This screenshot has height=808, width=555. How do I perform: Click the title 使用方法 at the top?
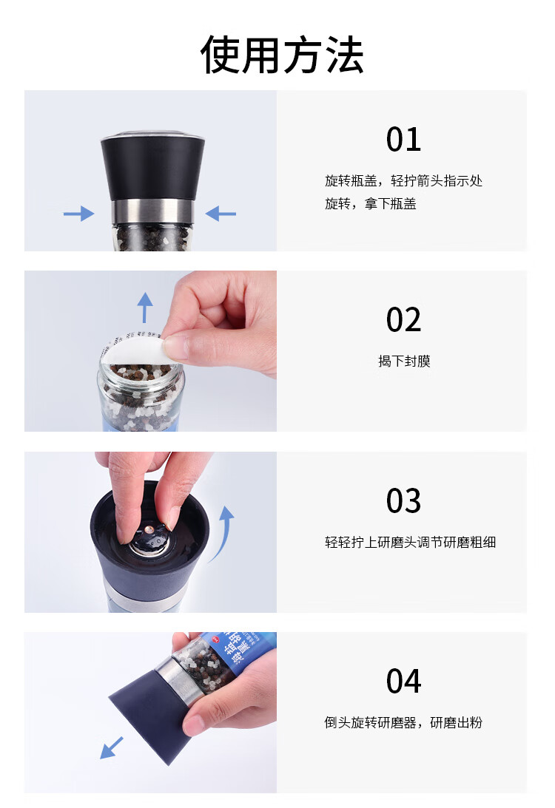pos(282,55)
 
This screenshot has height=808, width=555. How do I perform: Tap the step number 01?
pos(403,140)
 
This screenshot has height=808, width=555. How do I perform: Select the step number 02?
pos(403,320)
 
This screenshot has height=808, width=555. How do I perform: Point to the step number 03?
pos(403,500)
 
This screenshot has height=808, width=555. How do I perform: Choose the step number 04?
pos(403,681)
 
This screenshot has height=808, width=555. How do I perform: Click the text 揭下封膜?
pos(403,361)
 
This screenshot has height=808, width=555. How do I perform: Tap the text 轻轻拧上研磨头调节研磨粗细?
pos(410,542)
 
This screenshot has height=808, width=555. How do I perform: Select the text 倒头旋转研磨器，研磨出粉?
pos(403,722)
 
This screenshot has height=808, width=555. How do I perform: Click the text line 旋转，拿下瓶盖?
pos(370,203)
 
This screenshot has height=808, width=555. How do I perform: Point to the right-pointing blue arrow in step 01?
pos(78,214)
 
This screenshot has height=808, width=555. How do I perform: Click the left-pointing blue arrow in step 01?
pos(221,214)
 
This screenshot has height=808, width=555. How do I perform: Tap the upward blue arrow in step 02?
pos(145,307)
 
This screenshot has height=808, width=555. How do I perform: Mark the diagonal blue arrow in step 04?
pos(112,747)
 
